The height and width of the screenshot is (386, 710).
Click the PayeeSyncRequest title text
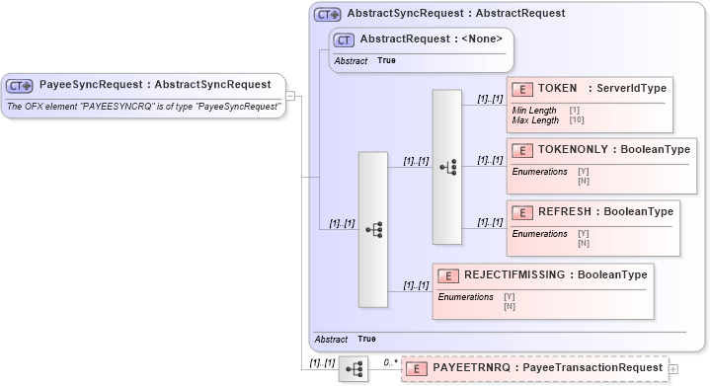coord(155,85)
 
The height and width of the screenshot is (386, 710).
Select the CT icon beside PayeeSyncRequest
coord(21,86)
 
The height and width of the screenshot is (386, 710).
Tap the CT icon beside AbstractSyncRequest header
coord(327,15)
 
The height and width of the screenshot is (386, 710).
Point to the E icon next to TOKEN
coord(520,89)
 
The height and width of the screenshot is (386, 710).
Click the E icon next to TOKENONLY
coord(520,150)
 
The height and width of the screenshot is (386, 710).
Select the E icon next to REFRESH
coord(520,212)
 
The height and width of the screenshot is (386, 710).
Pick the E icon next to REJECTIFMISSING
coord(447,276)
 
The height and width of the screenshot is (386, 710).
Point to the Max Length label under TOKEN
coord(533,120)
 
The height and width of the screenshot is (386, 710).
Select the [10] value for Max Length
coord(576,120)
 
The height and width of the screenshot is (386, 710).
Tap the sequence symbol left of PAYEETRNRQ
coord(355,370)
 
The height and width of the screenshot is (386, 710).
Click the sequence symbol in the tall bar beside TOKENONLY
coord(447,167)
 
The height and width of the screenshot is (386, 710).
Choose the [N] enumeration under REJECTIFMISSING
coord(510,306)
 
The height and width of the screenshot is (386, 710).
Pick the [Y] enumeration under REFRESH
coord(584,233)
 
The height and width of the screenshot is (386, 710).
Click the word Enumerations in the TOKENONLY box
coord(539,171)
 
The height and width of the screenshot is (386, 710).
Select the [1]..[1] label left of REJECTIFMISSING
coord(415,284)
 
